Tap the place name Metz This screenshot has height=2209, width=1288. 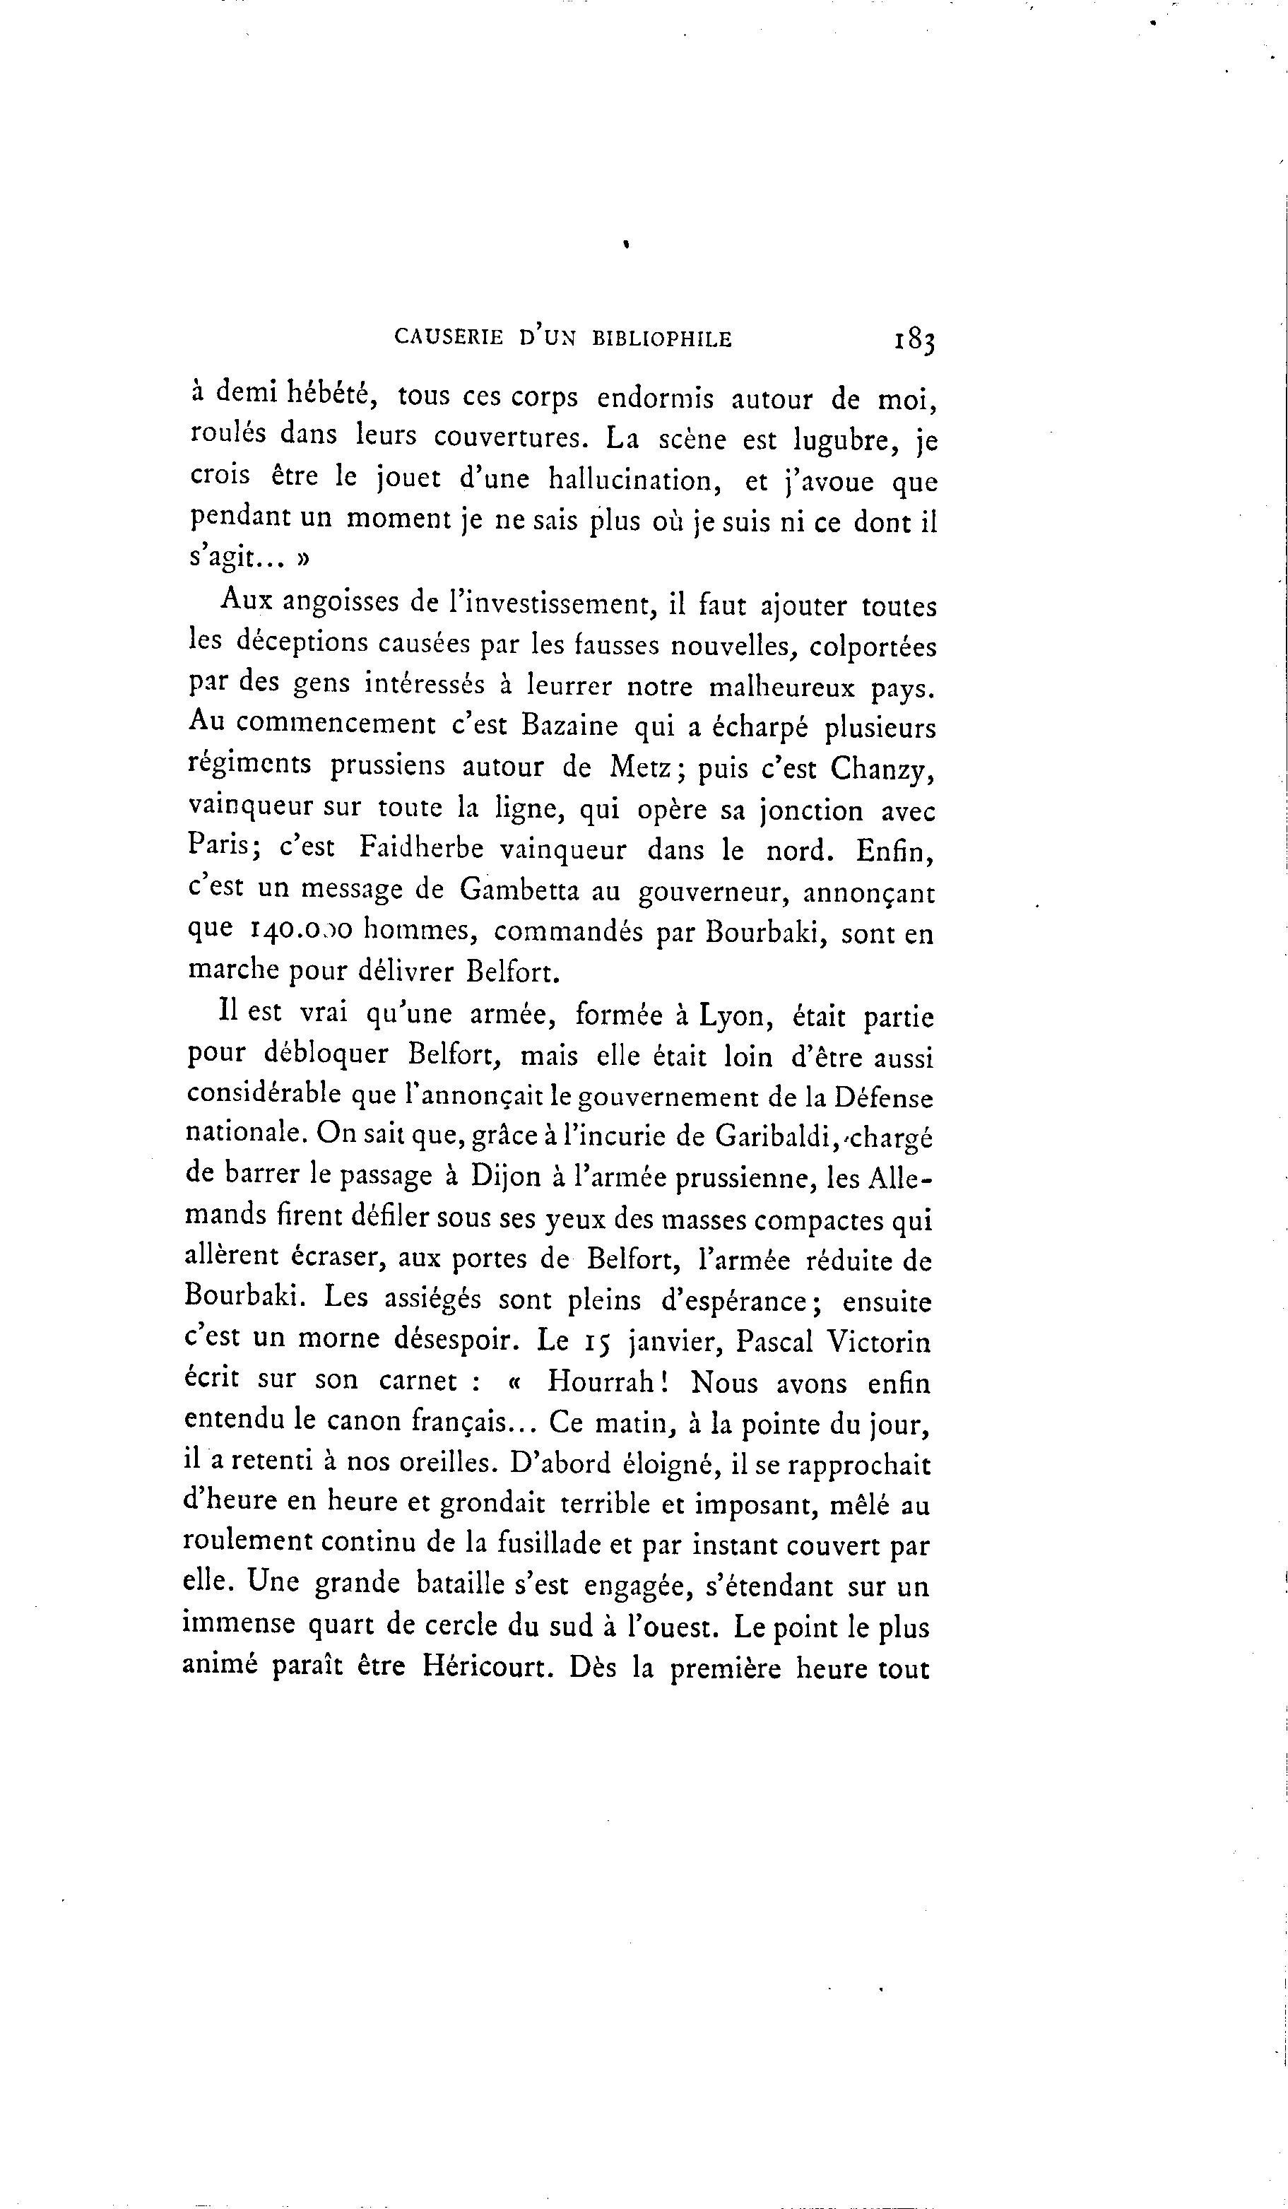641,767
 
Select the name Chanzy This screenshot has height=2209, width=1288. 882,768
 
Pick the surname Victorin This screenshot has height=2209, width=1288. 879,1341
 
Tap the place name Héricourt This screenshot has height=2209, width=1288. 488,1666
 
